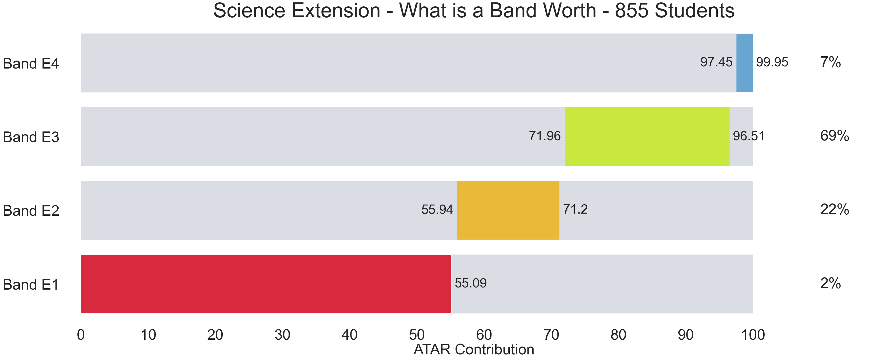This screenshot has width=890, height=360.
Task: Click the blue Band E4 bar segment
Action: click(x=745, y=63)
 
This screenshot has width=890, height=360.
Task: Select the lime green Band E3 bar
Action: click(x=647, y=137)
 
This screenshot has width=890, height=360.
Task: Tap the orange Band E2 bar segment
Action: click(x=508, y=210)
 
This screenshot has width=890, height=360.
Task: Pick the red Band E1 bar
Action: click(x=266, y=284)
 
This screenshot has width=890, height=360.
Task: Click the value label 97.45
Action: click(x=716, y=62)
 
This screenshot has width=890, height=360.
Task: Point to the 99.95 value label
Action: click(x=772, y=62)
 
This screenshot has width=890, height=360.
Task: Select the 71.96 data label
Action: click(x=545, y=136)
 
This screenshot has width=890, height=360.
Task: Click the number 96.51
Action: click(x=749, y=136)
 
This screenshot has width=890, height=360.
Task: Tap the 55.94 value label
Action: click(x=437, y=210)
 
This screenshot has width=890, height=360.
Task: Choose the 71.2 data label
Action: click(x=575, y=209)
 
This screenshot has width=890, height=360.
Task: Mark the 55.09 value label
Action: click(x=470, y=283)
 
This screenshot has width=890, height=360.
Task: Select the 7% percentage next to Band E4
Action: click(x=831, y=62)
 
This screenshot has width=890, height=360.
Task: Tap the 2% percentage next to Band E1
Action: click(x=831, y=283)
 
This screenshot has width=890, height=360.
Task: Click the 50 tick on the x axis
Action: click(x=417, y=335)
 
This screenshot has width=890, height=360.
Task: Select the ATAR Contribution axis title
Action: click(x=474, y=350)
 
